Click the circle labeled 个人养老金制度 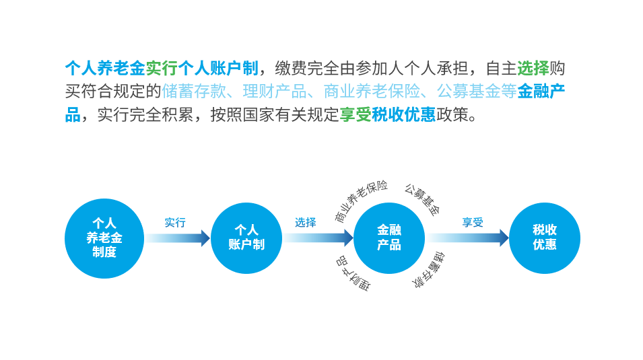pyautogui.click(x=104, y=238)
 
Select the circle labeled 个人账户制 pyautogui.click(x=246, y=238)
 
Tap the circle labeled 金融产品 pyautogui.click(x=389, y=238)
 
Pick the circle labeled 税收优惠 pyautogui.click(x=545, y=238)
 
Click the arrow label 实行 pyautogui.click(x=175, y=223)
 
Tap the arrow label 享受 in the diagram pyautogui.click(x=472, y=223)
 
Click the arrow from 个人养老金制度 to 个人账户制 pyautogui.click(x=178, y=238)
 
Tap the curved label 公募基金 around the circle pyautogui.click(x=421, y=200)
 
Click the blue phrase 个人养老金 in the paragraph pyautogui.click(x=105, y=68)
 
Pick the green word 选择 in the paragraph pyautogui.click(x=533, y=68)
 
